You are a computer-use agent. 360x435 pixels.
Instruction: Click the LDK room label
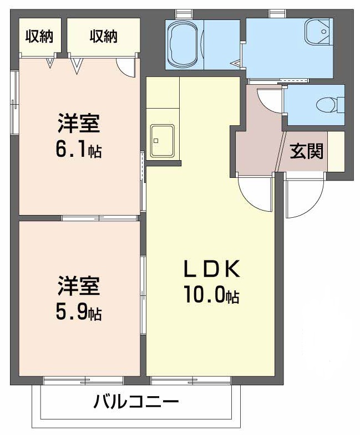pos(211,270)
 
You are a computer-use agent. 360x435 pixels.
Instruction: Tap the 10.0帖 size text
pos(211,296)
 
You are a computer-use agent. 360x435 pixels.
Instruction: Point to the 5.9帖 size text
pos(78,314)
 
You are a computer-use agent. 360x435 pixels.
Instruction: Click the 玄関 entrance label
pos(307,151)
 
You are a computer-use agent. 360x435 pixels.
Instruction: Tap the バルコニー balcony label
pos(136,401)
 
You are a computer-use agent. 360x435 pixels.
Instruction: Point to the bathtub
pos(186,44)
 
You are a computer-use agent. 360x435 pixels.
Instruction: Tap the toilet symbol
pos(324,104)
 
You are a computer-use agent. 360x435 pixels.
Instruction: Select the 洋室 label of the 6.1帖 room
pos(78,124)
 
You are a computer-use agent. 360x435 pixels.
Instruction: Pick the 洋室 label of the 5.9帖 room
pos(78,287)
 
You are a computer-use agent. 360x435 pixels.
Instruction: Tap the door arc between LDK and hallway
pos(255,194)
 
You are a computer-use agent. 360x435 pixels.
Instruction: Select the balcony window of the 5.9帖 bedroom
pos(83,381)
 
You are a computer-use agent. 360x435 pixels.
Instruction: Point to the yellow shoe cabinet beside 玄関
pos(336,151)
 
